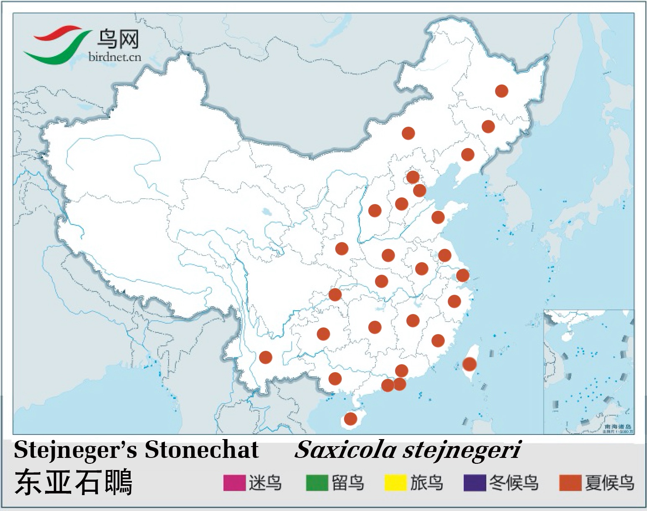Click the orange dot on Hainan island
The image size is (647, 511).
coord(350,418)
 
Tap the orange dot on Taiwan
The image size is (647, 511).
coord(469,364)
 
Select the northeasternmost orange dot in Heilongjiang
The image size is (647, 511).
coord(501,91)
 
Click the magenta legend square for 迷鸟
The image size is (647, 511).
coord(234,483)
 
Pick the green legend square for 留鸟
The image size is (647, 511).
coord(317,483)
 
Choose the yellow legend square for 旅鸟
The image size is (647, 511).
coord(395,483)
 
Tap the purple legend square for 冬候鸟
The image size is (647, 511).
coord(475,483)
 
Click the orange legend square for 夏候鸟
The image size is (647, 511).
coord(570,483)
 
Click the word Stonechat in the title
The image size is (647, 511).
coord(202,450)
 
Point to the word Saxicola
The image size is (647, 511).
coord(345,450)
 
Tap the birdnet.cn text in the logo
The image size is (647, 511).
coord(115,57)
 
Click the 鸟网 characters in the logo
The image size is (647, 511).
coord(118,39)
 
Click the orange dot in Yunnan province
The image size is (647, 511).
coord(266,357)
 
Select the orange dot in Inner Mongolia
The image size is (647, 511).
coord(408,133)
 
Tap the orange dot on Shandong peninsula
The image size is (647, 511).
coord(438,217)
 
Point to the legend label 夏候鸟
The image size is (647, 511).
coord(609,483)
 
